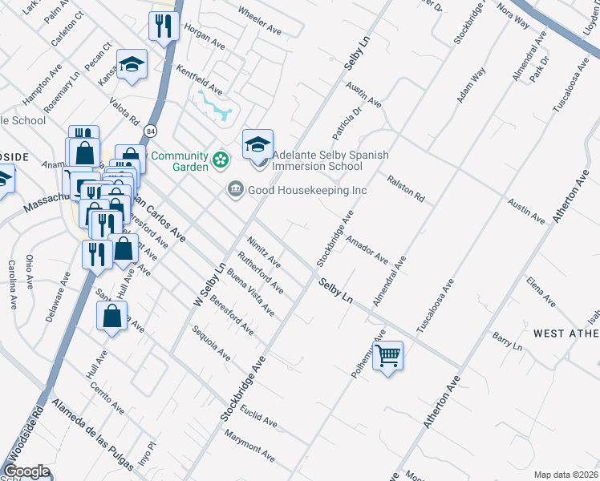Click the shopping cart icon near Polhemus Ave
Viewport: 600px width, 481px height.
(x=387, y=354)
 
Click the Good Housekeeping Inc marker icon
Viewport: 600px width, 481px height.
(x=235, y=190)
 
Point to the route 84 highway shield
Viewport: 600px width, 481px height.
(x=150, y=129)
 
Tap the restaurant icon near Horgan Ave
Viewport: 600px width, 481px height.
(x=163, y=26)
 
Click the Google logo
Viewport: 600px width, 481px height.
(x=26, y=471)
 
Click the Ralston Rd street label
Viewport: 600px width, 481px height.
(x=406, y=189)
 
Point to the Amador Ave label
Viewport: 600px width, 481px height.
(x=367, y=250)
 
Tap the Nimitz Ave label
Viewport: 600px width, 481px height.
(x=264, y=251)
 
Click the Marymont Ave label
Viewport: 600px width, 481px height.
(x=250, y=447)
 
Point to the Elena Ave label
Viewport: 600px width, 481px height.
(x=541, y=291)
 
